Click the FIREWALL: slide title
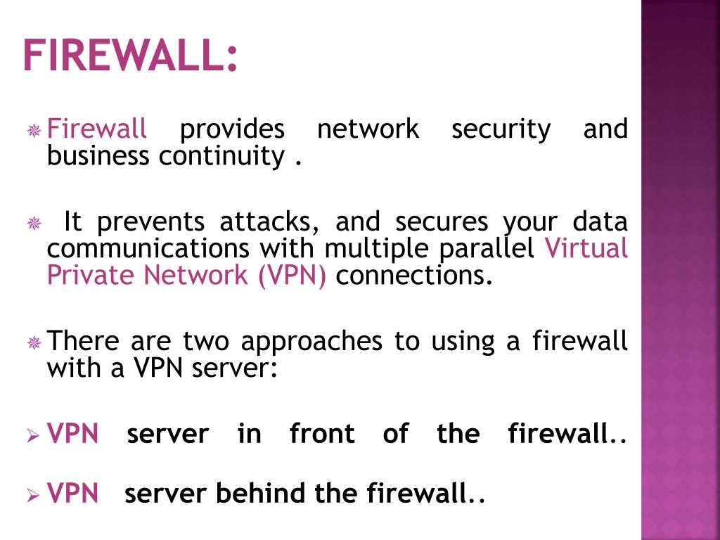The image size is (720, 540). pos(130,56)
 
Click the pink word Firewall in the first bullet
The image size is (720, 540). pos(97,129)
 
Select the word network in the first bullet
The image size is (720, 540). pos(368,129)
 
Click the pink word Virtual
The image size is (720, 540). pos(586,248)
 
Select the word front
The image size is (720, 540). pos(322,434)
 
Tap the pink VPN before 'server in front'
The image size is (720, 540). pos(73,434)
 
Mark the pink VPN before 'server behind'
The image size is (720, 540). pos(73,494)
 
